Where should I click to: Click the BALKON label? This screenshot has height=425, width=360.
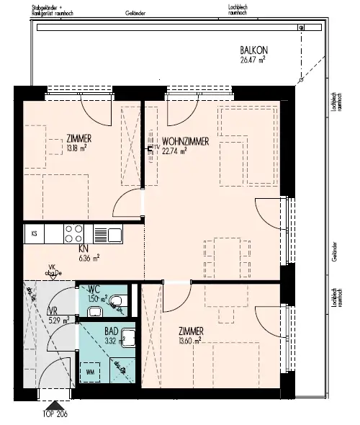tap(253, 50)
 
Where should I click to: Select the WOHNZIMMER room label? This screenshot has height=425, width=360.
tap(185, 142)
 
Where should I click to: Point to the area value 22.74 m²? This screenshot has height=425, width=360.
tap(175, 151)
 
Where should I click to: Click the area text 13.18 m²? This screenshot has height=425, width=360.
tap(77, 149)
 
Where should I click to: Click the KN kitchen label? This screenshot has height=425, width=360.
tap(84, 247)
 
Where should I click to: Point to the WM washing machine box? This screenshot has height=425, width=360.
tap(90, 372)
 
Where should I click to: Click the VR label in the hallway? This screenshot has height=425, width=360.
tap(52, 312)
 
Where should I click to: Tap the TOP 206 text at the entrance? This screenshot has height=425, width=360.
tap(55, 415)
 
